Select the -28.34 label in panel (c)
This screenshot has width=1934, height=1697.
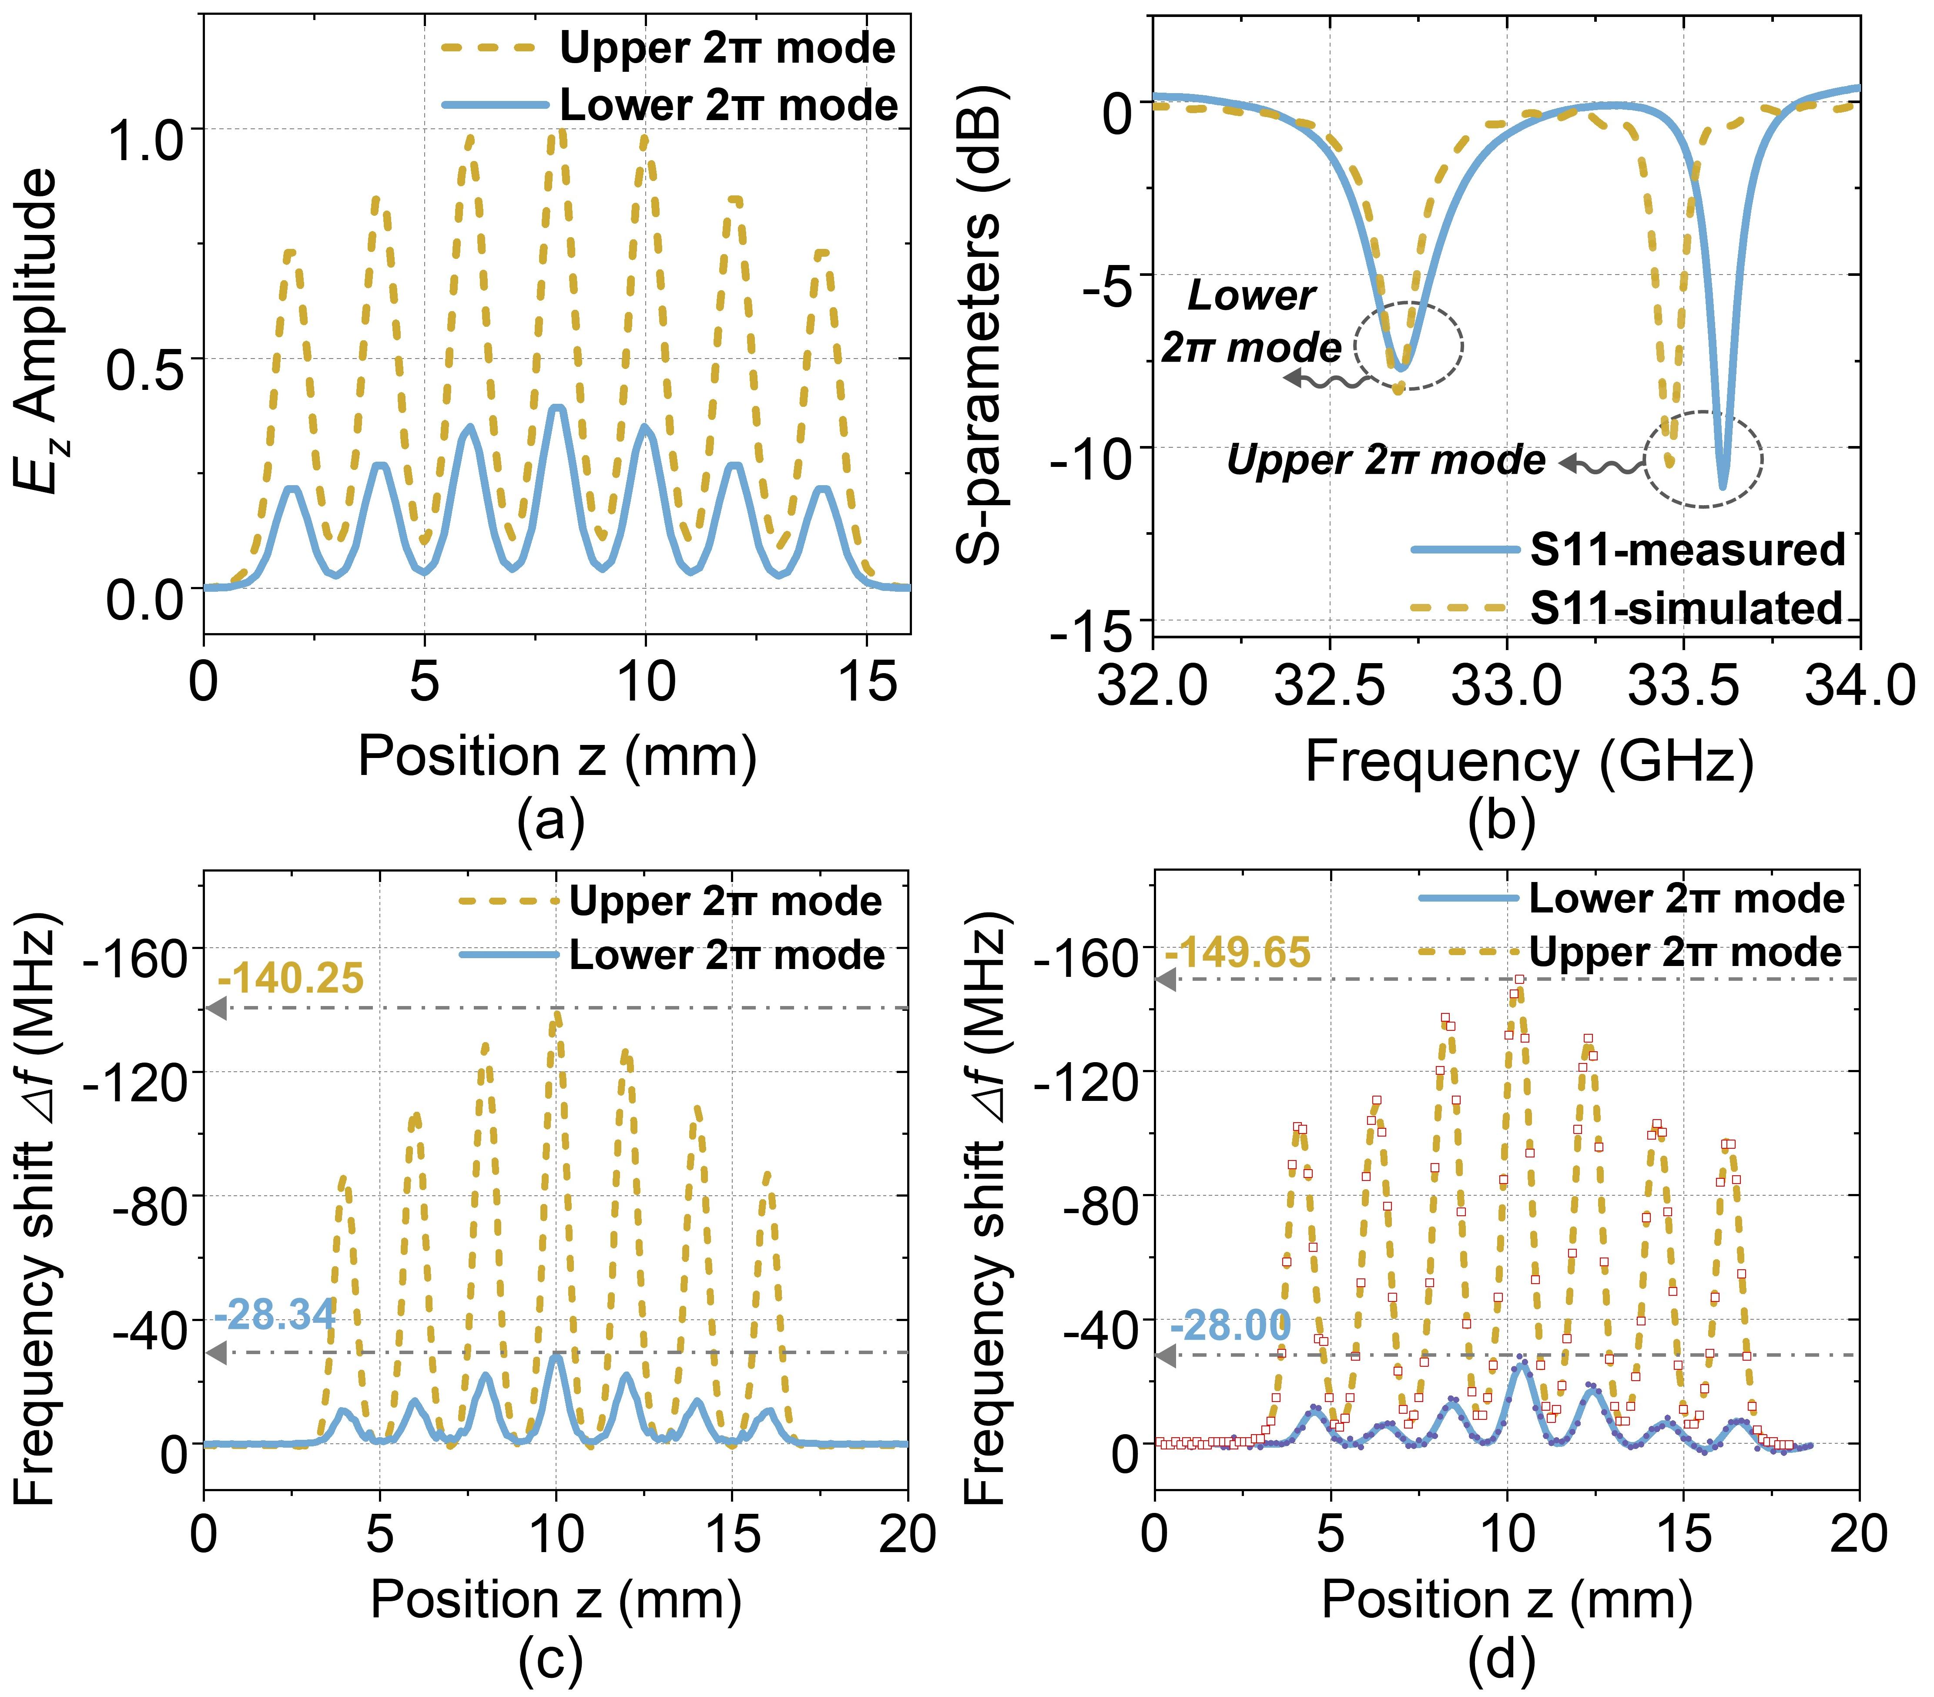pyautogui.click(x=275, y=1315)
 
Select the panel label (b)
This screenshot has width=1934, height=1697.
pyautogui.click(x=1502, y=821)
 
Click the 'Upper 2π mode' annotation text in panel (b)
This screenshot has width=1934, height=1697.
pyautogui.click(x=1386, y=461)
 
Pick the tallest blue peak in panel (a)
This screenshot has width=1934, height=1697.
pyautogui.click(x=558, y=408)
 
